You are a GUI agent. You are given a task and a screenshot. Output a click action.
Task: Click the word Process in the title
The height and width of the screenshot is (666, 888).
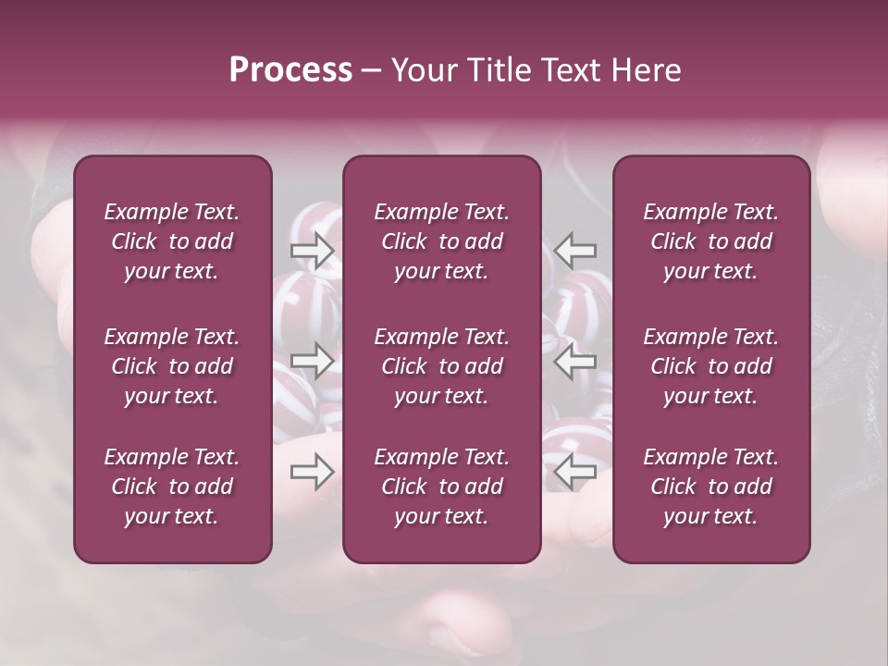[290, 70]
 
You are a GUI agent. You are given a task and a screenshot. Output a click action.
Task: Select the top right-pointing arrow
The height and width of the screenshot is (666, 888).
[313, 251]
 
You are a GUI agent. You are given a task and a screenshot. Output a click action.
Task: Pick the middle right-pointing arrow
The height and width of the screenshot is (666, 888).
[313, 361]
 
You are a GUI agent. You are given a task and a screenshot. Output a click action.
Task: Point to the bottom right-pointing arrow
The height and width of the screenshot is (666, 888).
[313, 472]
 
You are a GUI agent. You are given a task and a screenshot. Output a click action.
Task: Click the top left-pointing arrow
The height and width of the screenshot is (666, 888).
[575, 251]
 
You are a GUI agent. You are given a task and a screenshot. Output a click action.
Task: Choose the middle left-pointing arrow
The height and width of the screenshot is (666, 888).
[575, 361]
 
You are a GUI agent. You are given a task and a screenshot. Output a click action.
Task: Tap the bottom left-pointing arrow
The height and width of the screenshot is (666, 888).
[575, 472]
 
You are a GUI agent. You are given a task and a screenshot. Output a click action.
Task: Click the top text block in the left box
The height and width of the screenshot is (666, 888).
[172, 241]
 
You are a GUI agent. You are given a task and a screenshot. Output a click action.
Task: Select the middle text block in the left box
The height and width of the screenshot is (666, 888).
[172, 366]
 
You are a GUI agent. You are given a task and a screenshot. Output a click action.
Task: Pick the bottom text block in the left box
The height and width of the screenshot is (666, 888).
[172, 487]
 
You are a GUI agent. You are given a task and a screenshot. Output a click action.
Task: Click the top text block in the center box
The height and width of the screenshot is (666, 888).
[442, 241]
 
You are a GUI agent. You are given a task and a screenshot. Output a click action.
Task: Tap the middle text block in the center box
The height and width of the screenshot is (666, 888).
[442, 366]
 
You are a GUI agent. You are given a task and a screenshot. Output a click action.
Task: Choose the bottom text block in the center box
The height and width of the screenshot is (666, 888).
[442, 487]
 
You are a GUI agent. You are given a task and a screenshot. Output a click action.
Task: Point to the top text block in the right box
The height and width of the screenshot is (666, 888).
[711, 241]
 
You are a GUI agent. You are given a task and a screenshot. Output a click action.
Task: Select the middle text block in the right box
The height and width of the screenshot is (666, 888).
[711, 366]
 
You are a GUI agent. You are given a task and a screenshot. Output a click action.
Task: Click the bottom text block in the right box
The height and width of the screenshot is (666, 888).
[711, 487]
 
